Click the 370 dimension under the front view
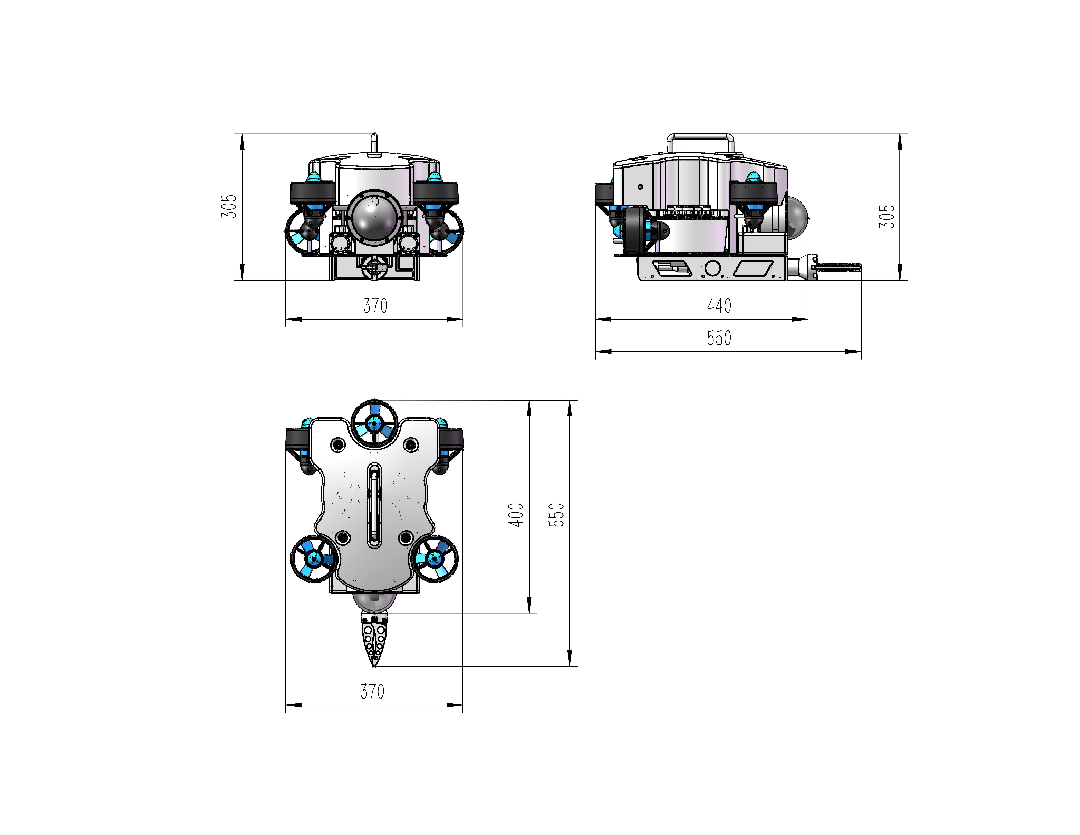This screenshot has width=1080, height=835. click(x=375, y=306)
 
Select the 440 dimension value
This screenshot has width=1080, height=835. click(x=719, y=306)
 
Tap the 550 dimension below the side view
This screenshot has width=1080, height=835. click(x=719, y=338)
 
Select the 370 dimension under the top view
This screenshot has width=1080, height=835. click(x=372, y=691)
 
